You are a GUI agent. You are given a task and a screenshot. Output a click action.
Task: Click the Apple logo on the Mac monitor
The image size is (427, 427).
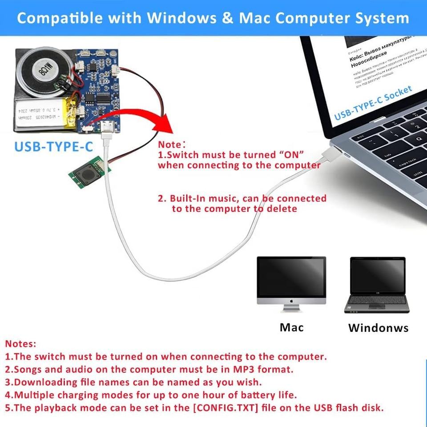pyautogui.click(x=291, y=301)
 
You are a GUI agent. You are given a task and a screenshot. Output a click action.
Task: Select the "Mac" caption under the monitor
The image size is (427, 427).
pyautogui.click(x=291, y=328)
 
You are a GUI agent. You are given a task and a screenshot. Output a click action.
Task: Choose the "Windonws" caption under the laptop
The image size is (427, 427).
pyautogui.click(x=378, y=328)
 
